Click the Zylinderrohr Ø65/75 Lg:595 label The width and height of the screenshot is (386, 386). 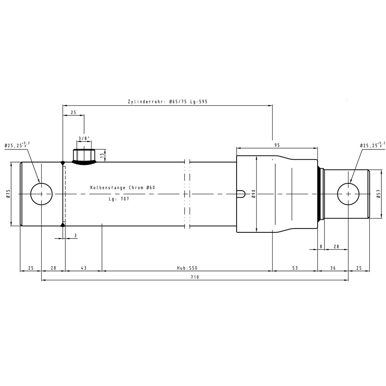tap(168, 102)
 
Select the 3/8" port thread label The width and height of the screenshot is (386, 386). tap(84, 138)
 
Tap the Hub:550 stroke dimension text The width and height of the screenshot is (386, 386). tap(187, 268)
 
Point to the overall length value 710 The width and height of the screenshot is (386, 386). tap(195, 277)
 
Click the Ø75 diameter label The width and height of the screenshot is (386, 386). tap(8, 193)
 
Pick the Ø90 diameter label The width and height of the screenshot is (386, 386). tap(254, 194)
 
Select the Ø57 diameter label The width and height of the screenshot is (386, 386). tap(378, 194)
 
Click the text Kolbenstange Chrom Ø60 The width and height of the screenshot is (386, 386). tap(123, 188)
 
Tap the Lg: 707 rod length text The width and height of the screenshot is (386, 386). tap(119, 199)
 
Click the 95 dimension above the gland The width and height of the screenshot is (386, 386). tap(277, 145)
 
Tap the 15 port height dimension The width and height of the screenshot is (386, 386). tap(102, 155)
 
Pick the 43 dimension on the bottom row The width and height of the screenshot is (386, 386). tap(84, 268)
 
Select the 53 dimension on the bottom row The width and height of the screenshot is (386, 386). tap(295, 268)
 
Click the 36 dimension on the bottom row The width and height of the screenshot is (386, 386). tap(333, 268)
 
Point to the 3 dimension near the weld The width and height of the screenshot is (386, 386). tap(75, 235)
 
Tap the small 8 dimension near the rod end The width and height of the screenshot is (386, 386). tap(321, 246)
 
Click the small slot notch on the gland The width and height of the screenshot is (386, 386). tap(241, 194)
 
